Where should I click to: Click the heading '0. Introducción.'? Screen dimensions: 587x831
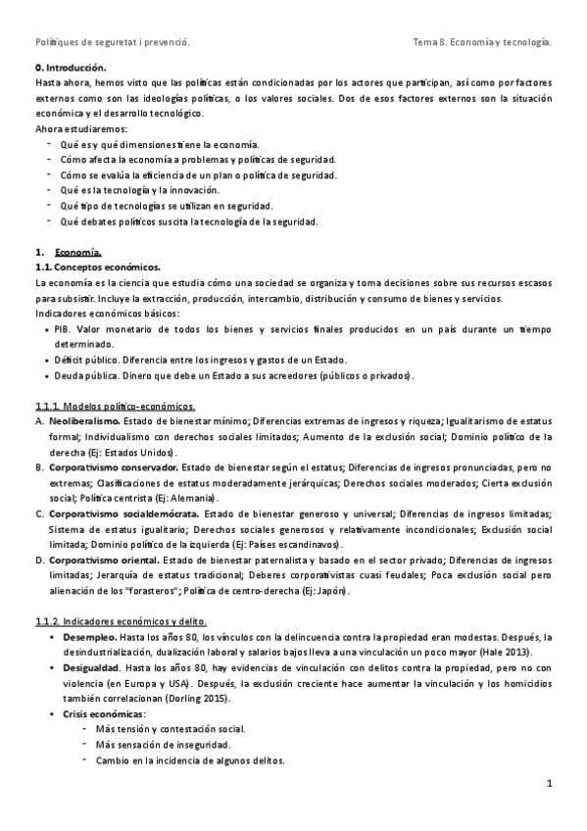tap(69, 69)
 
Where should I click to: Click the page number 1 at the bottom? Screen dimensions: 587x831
tap(551, 783)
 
